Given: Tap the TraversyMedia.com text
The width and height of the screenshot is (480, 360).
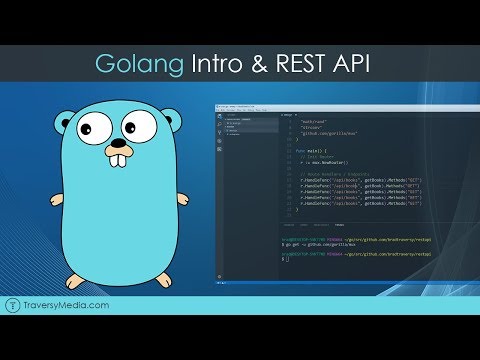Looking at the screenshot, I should point(72,333).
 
